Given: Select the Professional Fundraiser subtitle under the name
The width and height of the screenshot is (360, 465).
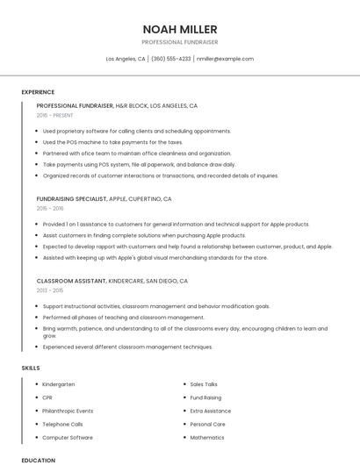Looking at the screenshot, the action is (180, 42).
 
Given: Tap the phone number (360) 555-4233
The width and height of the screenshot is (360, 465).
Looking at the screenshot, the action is (170, 59).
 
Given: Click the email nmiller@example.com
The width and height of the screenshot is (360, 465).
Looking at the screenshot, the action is (225, 59).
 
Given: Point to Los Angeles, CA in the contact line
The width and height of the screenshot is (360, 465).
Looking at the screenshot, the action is (126, 59).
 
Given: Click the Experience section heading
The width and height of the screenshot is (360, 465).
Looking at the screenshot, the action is (38, 92).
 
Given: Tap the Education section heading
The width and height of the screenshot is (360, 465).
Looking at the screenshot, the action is (38, 460).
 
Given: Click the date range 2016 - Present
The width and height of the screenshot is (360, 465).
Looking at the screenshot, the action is (54, 115).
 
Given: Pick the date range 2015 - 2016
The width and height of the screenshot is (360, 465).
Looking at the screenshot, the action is (50, 208).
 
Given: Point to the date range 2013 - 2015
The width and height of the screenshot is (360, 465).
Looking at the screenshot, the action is (50, 290).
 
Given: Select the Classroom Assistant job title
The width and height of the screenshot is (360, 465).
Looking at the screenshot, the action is (70, 281).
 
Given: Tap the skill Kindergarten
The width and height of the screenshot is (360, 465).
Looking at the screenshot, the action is (59, 384).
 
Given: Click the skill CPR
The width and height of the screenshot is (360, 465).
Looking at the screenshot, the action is (47, 397).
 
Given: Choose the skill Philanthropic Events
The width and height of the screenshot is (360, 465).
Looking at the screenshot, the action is (68, 411).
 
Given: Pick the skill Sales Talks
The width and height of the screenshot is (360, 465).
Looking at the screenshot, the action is (204, 384).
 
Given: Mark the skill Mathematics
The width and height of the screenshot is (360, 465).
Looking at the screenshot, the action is (207, 437).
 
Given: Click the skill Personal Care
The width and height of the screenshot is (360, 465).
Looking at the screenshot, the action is (208, 424).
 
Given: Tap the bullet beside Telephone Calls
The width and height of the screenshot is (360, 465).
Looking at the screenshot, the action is (34, 424).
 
